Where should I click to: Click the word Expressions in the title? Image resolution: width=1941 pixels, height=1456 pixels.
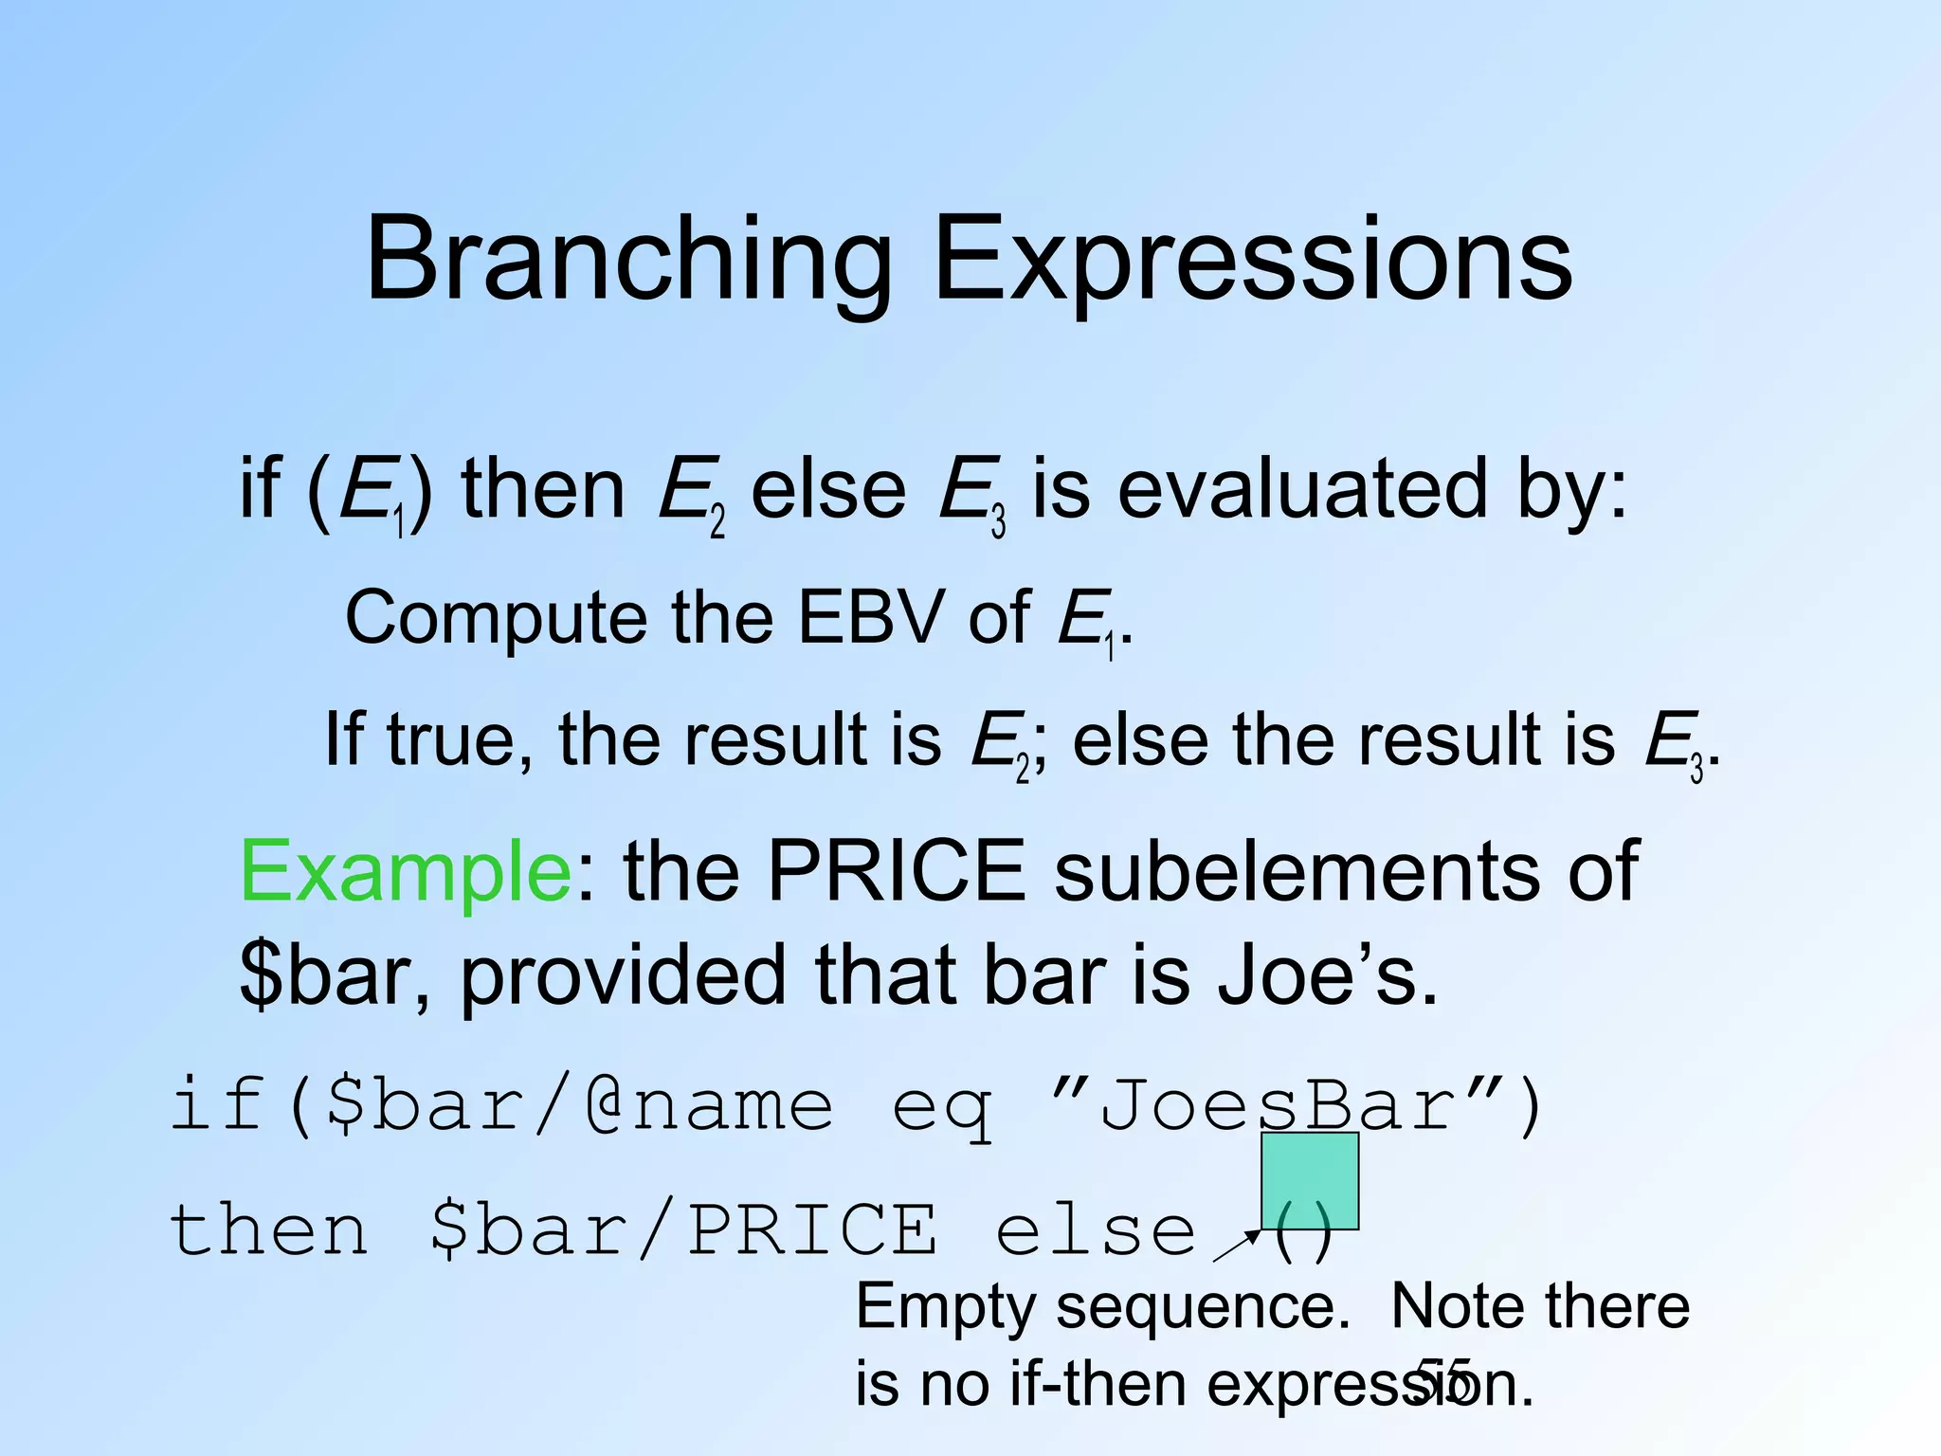click(x=1253, y=261)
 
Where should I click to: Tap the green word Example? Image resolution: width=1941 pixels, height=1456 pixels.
click(x=405, y=872)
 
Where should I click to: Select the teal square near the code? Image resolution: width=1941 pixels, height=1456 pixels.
click(x=1310, y=1181)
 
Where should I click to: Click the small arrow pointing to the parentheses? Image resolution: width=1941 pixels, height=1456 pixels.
click(x=1237, y=1246)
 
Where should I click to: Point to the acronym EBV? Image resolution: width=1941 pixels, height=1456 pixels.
click(x=870, y=618)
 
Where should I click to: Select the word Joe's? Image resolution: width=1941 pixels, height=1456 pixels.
click(x=1327, y=976)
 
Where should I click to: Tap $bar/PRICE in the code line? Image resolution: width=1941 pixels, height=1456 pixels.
click(x=682, y=1230)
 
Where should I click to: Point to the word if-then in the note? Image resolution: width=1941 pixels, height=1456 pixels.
click(x=1100, y=1385)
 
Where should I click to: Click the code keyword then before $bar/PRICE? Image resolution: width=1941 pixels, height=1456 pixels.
click(x=268, y=1230)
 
